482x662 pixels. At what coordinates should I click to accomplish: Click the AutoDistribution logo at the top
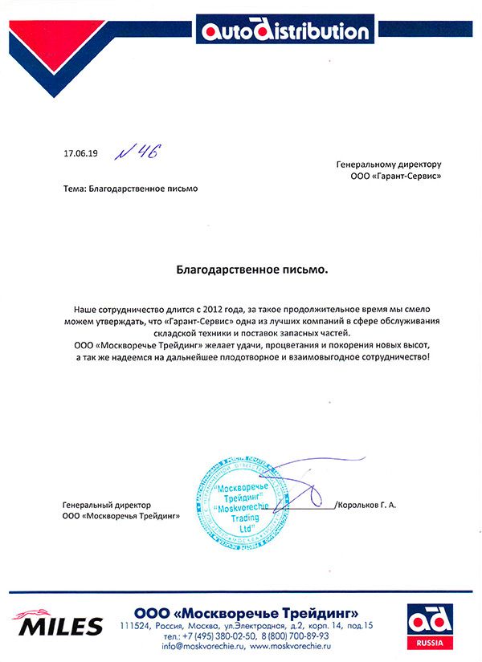point(285,32)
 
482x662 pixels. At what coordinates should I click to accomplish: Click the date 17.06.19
point(78,152)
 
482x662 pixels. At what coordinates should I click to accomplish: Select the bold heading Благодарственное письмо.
point(252,271)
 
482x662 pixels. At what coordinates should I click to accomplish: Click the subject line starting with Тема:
point(129,189)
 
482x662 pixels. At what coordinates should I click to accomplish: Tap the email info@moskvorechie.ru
point(202,645)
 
